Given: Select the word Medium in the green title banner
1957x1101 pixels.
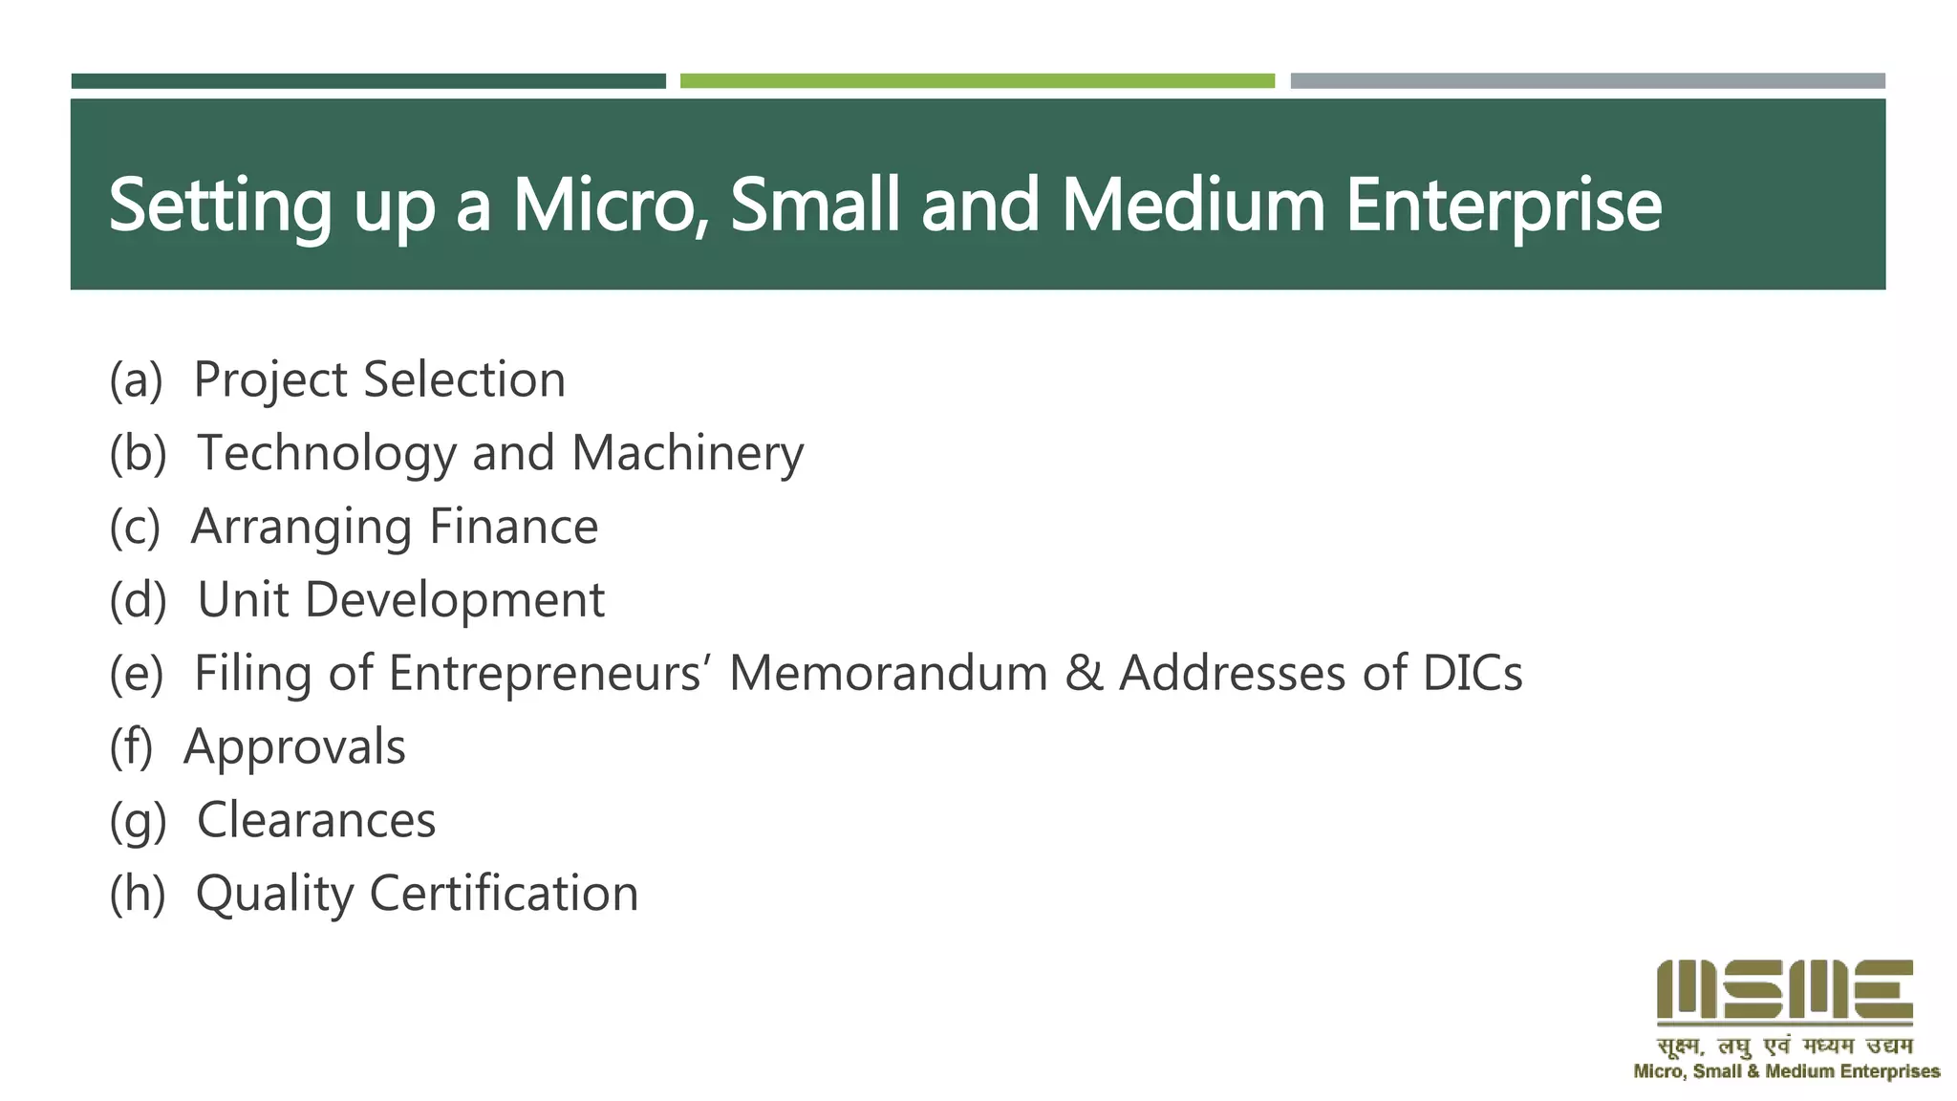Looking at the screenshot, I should click(x=1193, y=205).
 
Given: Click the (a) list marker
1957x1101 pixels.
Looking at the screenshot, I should click(x=136, y=379).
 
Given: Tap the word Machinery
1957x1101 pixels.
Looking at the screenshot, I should click(x=687, y=453).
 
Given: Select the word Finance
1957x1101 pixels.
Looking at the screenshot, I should click(x=513, y=527).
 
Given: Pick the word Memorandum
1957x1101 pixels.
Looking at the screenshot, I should click(x=889, y=673).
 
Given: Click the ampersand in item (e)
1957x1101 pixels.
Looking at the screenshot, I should click(x=1084, y=673).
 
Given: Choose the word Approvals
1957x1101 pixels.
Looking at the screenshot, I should click(x=294, y=746).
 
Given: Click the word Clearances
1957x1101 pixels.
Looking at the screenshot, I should click(x=316, y=820).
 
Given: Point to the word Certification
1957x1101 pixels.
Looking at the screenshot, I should click(x=504, y=894).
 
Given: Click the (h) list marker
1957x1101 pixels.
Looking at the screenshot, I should click(x=138, y=894).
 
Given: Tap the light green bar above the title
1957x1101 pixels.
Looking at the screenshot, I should click(x=977, y=81).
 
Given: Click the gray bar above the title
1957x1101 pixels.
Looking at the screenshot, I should click(x=1587, y=81).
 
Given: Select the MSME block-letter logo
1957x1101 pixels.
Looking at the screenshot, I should click(x=1784, y=991).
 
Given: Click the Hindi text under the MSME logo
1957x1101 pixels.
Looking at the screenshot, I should click(x=1784, y=1046).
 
